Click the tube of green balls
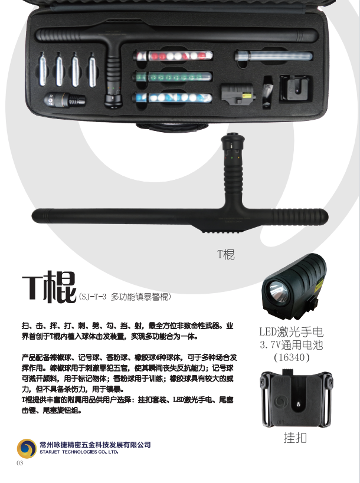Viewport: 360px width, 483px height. coord(172,77)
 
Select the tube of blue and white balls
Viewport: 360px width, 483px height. coord(172,98)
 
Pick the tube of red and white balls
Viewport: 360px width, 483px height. coord(173,56)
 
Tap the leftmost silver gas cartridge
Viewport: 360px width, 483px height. coord(42,70)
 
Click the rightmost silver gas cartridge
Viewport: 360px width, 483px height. coord(92,70)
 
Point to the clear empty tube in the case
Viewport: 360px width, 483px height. coord(274,57)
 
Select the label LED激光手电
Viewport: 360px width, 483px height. coord(292,332)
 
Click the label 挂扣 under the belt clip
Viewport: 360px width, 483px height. coord(295,438)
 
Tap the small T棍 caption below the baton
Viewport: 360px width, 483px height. coord(226,254)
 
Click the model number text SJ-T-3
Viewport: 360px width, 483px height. coord(93,297)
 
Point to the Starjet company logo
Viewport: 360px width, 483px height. coord(27,448)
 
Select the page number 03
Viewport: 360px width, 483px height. coord(19,463)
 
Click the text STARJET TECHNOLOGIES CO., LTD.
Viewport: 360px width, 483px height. coord(79,452)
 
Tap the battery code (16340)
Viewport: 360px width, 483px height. coord(292,357)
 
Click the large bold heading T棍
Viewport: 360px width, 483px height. coord(49,287)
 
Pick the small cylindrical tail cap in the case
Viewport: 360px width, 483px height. coord(65,100)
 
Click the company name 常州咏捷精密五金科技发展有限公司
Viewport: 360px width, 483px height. coord(95,445)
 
